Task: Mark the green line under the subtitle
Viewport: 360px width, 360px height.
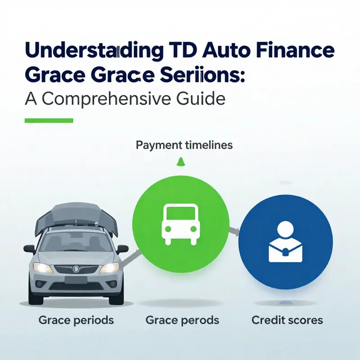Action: tap(49, 121)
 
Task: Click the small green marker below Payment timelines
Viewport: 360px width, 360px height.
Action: tap(180, 162)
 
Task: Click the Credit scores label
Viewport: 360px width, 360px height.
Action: tap(287, 320)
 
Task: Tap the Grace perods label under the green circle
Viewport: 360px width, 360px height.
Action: tap(182, 320)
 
